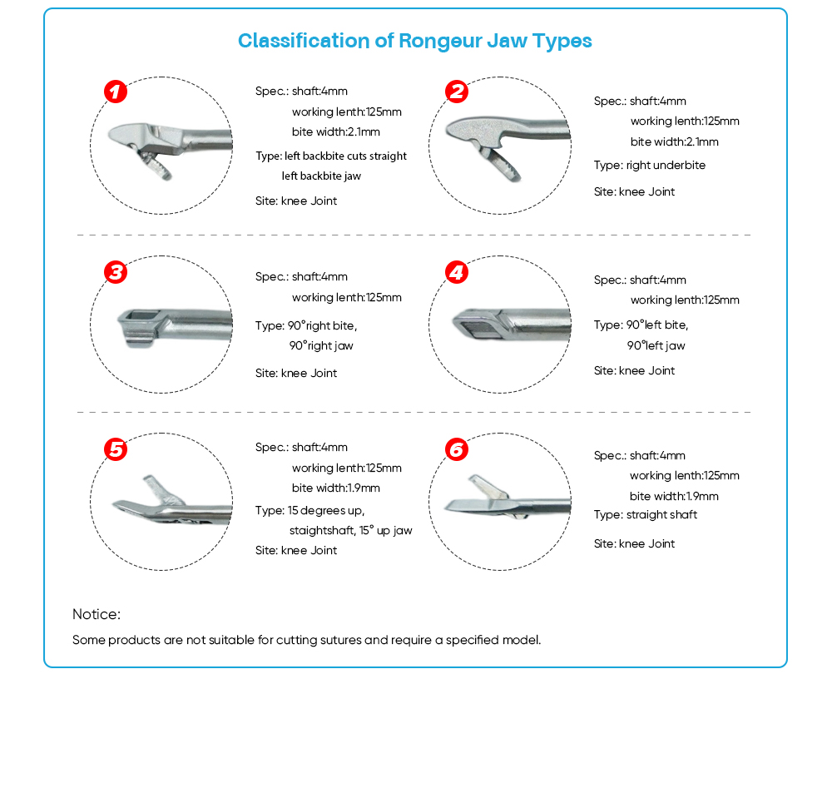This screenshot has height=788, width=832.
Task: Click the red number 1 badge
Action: click(x=116, y=92)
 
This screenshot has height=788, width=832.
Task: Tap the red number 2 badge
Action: click(x=456, y=92)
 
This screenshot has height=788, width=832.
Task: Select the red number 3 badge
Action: click(x=116, y=272)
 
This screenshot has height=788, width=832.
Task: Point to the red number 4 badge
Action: click(x=456, y=272)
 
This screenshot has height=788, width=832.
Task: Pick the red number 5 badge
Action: click(x=116, y=449)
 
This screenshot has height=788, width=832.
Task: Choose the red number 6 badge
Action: click(x=456, y=449)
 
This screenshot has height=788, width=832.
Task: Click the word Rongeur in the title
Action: click(x=440, y=42)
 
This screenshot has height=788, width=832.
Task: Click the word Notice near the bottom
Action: click(x=96, y=614)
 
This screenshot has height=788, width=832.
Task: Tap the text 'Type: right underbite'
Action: click(x=650, y=165)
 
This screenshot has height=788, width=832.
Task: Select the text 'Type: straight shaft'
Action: click(x=646, y=515)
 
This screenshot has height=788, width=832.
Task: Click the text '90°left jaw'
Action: click(x=656, y=345)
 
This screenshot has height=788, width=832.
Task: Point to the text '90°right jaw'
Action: click(x=321, y=345)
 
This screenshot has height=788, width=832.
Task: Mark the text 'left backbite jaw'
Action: click(x=321, y=176)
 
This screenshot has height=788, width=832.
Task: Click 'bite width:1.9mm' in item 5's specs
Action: click(x=336, y=488)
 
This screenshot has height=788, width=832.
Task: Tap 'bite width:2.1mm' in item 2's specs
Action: click(x=675, y=141)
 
